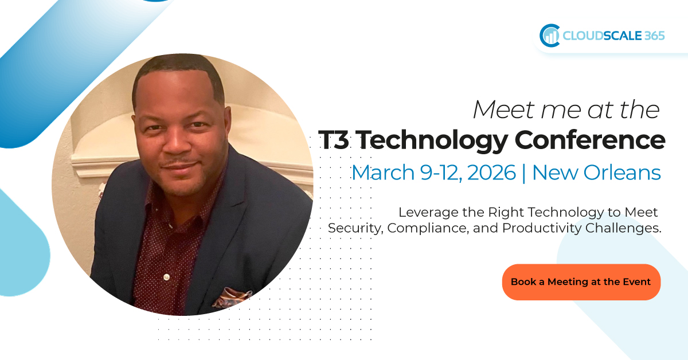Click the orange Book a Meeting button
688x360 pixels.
pyautogui.click(x=581, y=281)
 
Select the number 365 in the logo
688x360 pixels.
pyautogui.click(x=654, y=36)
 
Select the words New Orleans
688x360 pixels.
pyautogui.click(x=596, y=172)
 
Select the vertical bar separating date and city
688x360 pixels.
pyautogui.click(x=523, y=172)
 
